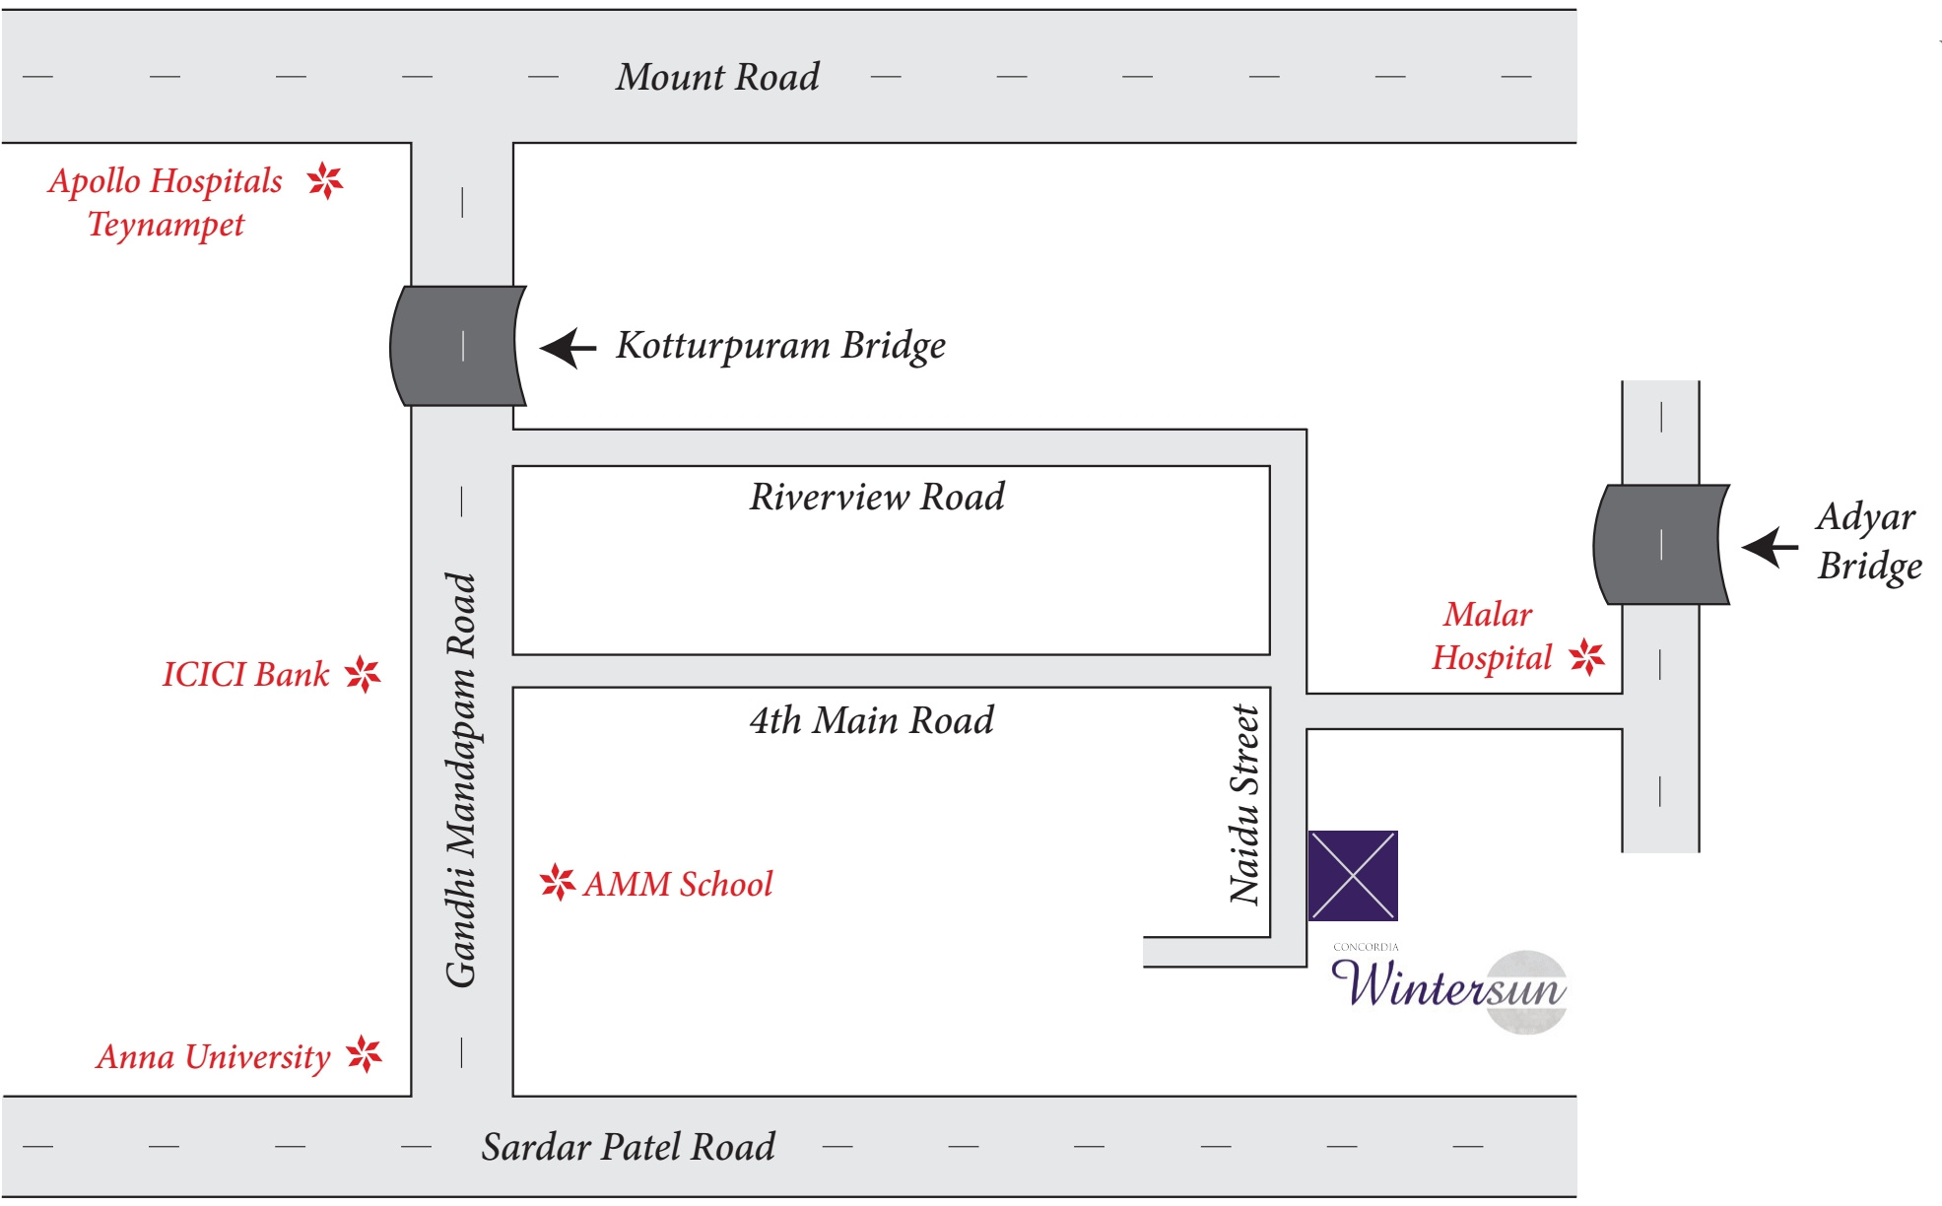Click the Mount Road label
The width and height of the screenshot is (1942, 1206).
717,77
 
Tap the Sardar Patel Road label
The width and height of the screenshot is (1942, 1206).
628,1147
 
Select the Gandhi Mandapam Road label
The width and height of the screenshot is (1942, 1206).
461,778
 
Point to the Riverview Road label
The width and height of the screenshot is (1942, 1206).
877,497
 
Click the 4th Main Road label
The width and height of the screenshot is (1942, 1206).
871,720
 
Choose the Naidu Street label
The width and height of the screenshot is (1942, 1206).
1244,804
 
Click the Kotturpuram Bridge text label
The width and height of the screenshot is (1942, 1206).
780,346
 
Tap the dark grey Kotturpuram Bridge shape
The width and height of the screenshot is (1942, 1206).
459,346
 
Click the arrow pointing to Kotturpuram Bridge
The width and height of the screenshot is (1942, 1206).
569,348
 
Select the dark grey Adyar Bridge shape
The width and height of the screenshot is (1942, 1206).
1661,544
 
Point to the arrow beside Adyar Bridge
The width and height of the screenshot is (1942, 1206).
1770,547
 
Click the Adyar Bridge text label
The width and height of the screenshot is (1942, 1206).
1868,541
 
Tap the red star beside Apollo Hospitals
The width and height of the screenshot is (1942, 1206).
324,181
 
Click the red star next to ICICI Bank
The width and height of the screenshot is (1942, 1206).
363,675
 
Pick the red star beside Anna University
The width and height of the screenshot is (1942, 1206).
365,1054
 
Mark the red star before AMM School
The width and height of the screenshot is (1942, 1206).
558,882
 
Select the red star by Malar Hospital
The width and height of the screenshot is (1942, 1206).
1586,656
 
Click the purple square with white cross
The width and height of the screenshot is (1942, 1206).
1353,876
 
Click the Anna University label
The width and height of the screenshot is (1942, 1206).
213,1057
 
